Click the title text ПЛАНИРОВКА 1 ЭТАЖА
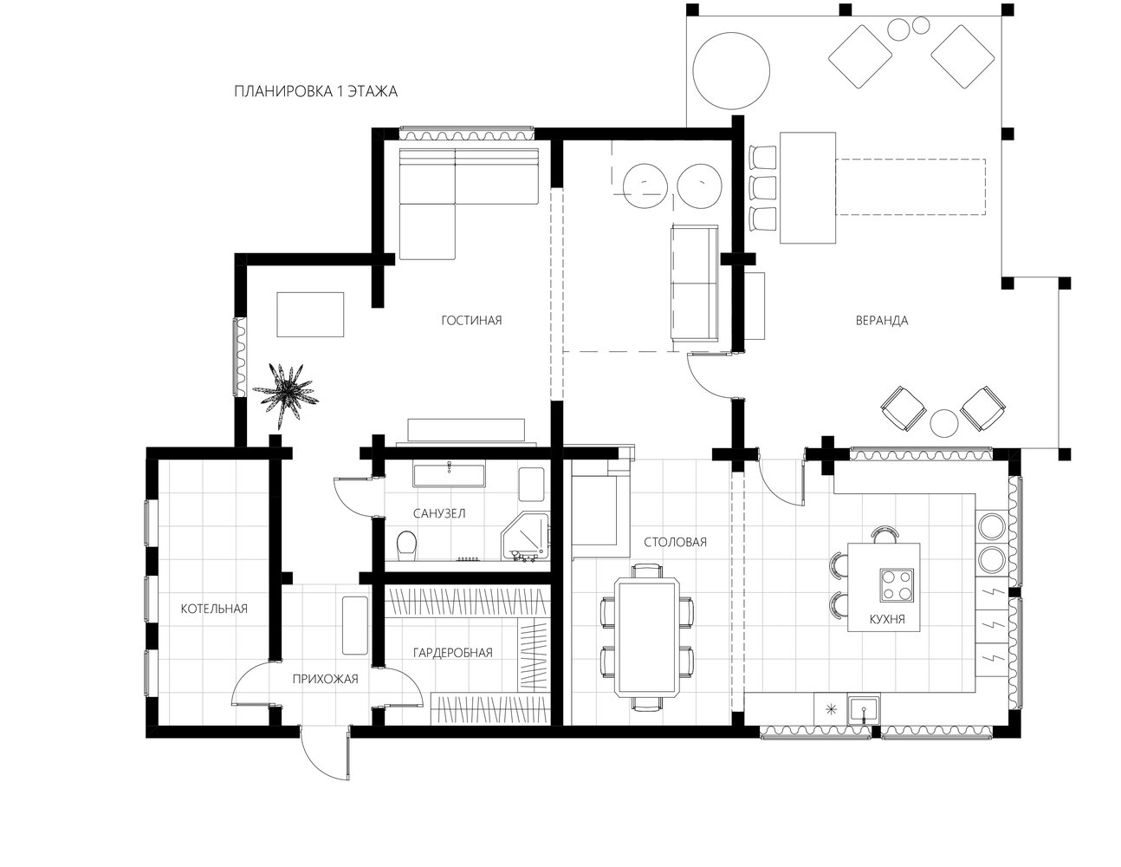coord(315,92)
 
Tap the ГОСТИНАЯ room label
coord(471,321)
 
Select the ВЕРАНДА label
coord(882,321)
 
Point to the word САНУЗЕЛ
coord(439,513)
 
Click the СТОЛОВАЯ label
coord(675,542)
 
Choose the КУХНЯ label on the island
coord(887,619)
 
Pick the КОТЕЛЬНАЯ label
coord(214,609)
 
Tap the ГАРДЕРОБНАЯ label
coord(453,653)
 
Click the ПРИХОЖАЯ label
coord(325,679)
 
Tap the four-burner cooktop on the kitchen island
coord(897,584)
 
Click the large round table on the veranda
coord(731,71)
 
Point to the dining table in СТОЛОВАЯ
coord(647,637)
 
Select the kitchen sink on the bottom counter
coord(865,710)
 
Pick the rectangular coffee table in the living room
coord(310,314)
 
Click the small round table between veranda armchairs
coord(944,423)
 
